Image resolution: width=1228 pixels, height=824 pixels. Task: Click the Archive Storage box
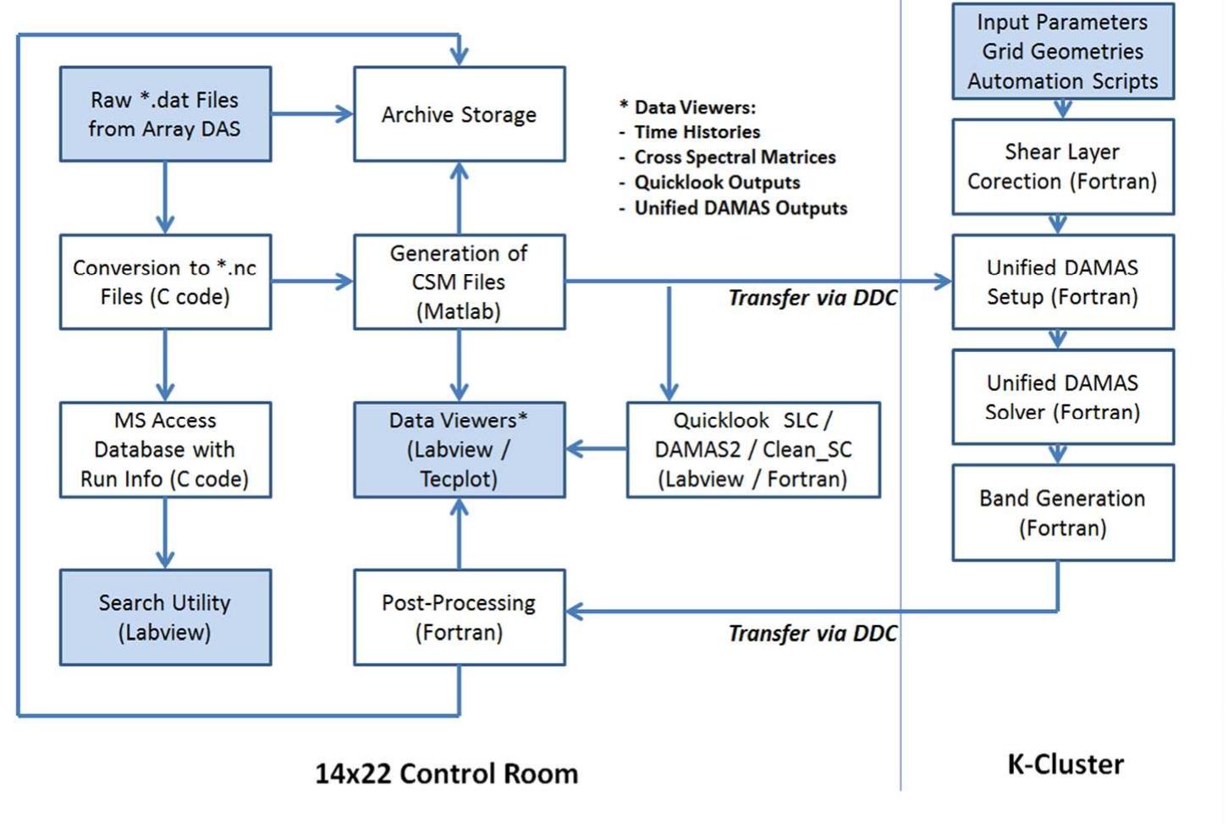459,114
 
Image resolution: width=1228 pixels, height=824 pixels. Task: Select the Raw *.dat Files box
165,114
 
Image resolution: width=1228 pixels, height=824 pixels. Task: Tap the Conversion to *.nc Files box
165,282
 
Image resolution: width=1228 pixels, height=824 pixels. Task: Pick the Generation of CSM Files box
459,282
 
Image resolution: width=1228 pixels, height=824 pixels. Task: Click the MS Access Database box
165,449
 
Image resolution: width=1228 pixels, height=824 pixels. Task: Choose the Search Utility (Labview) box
165,617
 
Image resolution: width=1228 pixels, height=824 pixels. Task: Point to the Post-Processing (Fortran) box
459,617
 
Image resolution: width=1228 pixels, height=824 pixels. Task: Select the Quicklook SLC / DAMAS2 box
753,449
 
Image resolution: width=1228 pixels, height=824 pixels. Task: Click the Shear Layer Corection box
1062,166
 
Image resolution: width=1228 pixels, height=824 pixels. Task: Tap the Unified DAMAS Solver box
1062,397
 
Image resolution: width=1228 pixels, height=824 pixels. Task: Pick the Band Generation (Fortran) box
1062,513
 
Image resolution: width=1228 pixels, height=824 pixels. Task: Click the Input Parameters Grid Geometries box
1062,52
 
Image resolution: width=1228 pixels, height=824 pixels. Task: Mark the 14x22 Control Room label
447,773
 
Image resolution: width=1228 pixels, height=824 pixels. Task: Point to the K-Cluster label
1066,764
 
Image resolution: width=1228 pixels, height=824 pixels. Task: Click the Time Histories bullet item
697,132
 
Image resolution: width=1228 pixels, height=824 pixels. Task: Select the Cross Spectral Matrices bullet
735,157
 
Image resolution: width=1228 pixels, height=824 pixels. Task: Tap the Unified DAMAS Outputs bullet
741,208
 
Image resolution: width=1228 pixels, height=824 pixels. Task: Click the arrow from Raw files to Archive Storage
311,114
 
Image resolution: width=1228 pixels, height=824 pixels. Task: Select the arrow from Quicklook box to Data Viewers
596,448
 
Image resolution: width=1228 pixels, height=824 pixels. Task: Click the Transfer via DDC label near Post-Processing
812,634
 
